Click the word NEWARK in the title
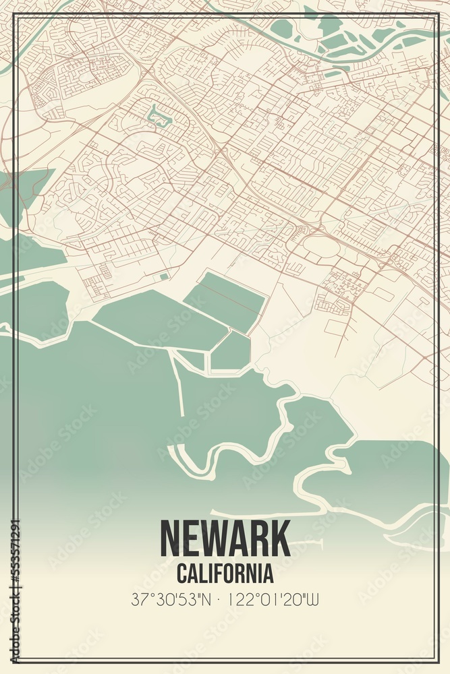click(x=225, y=539)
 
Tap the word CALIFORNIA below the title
click(x=225, y=574)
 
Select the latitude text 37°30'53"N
click(x=169, y=599)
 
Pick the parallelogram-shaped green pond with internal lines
click(x=224, y=301)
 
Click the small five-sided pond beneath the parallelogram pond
click(x=231, y=351)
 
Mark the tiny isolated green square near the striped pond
click(x=164, y=276)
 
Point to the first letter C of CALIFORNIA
click(x=181, y=574)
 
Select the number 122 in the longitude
click(x=240, y=599)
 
